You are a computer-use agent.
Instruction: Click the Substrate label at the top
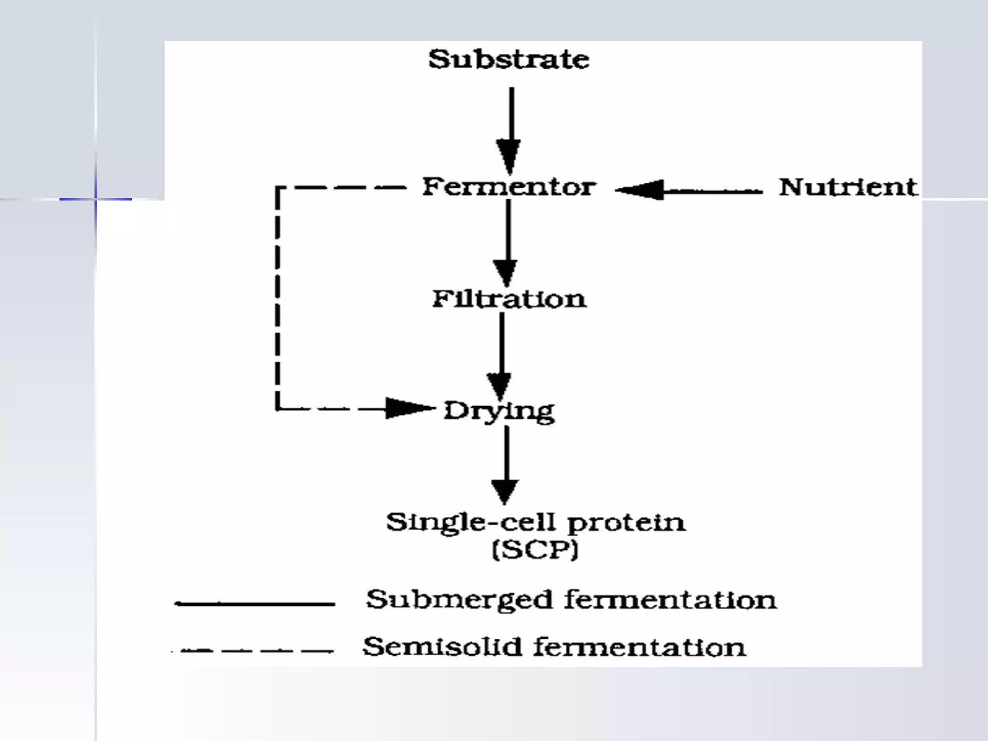coord(509,60)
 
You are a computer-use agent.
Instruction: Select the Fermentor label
coord(509,187)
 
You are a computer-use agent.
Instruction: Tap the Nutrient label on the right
coord(848,188)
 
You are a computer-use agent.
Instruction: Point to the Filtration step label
coord(509,299)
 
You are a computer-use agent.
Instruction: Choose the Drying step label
coord(499,412)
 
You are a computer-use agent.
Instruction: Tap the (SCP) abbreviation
coord(535,549)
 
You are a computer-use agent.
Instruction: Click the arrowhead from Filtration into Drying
coord(499,386)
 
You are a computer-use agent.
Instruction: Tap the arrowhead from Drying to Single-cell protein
coord(505,491)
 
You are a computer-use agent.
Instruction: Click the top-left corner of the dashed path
coord(277,188)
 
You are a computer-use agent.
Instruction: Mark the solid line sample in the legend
coord(255,604)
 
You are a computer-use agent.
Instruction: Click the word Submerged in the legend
coord(458,601)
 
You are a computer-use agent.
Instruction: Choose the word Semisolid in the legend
coord(442,647)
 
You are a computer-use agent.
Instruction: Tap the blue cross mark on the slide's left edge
coord(96,199)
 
